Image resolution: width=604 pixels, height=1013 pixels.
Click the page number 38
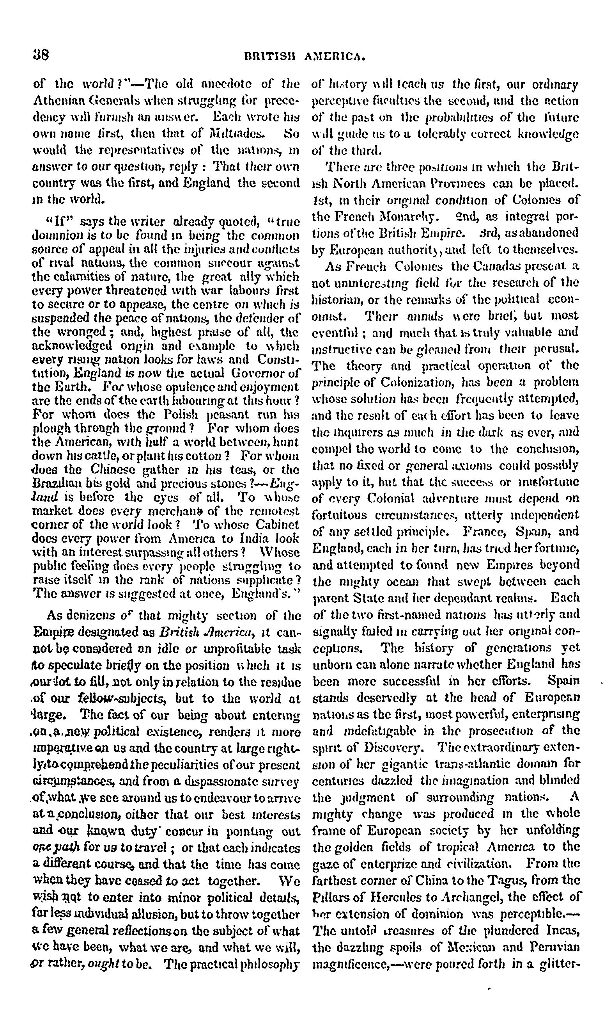41,55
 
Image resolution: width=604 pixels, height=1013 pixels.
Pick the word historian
334,299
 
